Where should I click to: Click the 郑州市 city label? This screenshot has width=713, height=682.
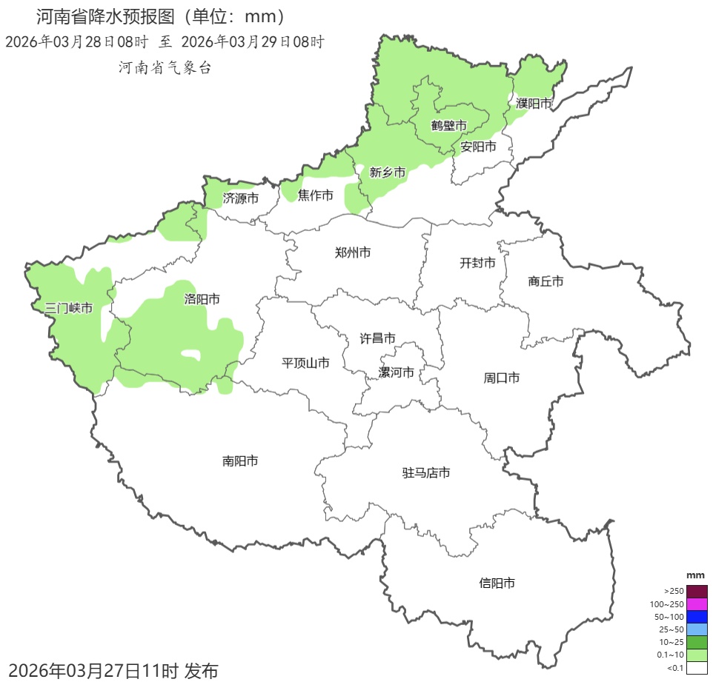point(353,253)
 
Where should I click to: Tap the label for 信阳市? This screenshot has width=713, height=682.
point(497,584)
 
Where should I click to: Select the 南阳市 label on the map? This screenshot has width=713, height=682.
point(240,461)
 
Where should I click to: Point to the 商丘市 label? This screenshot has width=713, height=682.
point(545,281)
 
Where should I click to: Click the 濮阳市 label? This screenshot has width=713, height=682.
point(534,104)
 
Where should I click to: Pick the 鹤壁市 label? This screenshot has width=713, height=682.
point(449,125)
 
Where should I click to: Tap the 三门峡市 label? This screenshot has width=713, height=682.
point(69,308)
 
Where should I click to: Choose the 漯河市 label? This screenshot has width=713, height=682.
point(397,372)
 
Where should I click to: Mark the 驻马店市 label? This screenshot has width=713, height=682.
point(426,473)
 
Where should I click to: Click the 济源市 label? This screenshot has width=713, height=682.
point(241,198)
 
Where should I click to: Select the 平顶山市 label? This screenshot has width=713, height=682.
point(305,363)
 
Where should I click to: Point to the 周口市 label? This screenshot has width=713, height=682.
point(502,378)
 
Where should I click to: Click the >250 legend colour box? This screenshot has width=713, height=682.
point(696,591)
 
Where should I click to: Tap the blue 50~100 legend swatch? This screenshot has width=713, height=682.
point(696,616)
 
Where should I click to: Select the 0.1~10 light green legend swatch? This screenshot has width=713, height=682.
point(696,655)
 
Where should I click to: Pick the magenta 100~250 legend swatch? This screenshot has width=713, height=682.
point(696,604)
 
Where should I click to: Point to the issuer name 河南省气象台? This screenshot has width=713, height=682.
point(165,67)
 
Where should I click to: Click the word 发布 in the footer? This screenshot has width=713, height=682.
point(200,671)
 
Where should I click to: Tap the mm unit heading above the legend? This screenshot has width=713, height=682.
point(695,575)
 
